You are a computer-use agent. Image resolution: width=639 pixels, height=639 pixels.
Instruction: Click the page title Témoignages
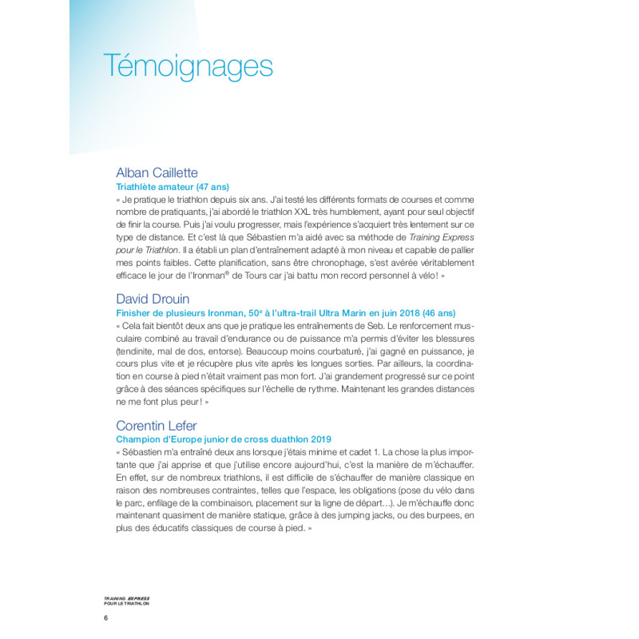tap(189, 66)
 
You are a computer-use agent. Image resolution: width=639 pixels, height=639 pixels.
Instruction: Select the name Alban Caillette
tap(157, 173)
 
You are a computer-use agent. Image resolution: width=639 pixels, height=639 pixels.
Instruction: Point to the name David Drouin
tap(153, 299)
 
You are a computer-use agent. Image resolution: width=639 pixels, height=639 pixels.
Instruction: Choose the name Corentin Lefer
tap(157, 425)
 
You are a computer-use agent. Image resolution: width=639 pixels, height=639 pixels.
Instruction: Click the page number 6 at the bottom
tap(106, 618)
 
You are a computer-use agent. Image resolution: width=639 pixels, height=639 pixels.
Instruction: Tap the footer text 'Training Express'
tap(127, 598)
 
